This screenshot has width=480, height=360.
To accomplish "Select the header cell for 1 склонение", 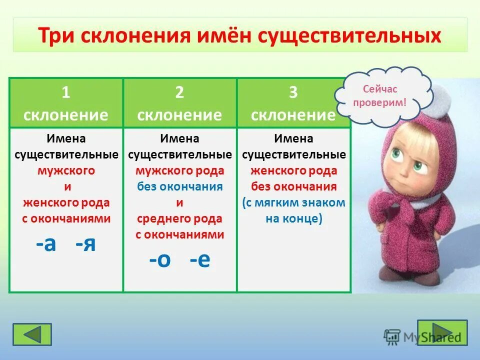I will pos(66,103).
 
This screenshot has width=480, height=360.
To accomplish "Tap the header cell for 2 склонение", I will pos(179,103).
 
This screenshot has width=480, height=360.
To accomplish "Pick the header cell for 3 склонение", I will pos(293,103).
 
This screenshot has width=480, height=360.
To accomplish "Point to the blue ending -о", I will pos(160,260).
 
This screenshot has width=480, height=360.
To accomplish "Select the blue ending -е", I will pos(200,260).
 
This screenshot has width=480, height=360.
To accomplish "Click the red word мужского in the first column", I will pos(66,170).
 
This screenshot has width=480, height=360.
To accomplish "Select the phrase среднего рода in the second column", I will pos(179,218).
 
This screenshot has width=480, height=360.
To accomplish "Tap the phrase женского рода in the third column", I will pos(293,170).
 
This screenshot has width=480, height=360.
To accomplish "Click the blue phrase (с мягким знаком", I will pos(293,202).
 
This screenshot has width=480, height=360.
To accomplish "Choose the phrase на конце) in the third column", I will pos(293,218).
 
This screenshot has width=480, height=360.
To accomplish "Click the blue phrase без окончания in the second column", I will pos(179,186).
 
